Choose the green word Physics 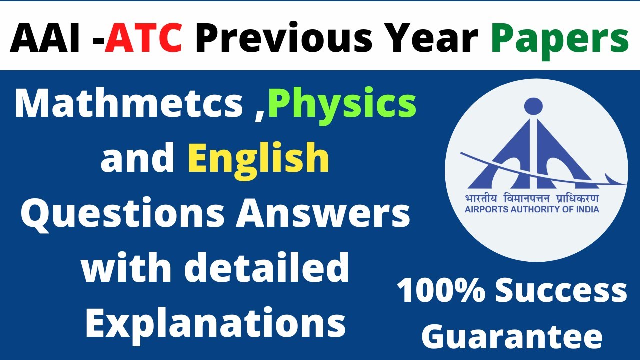(x=342, y=105)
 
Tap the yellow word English (x=259, y=158)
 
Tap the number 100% (x=440, y=292)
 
